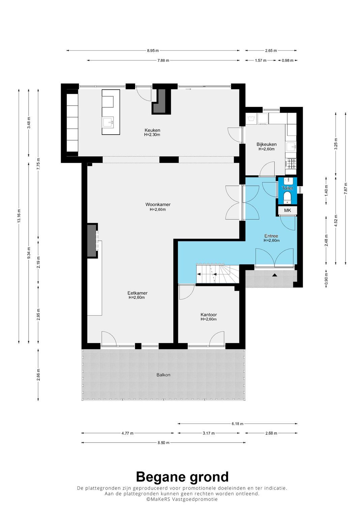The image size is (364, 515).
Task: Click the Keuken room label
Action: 152,131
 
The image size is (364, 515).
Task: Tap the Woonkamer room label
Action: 158,204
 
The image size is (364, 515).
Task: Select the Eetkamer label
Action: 138,293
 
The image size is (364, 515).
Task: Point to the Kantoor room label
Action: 209,315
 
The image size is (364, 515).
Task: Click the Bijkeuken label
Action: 267,144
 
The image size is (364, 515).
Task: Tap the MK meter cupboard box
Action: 287,210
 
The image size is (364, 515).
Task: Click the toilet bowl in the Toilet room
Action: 287,197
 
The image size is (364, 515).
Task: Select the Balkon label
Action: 163,375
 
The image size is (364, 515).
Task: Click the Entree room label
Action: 271,236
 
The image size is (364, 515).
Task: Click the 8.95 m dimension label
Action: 153,51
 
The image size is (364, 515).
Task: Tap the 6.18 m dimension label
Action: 237,424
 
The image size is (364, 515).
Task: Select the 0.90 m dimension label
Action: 326,279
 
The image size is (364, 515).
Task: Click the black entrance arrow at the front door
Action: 275,275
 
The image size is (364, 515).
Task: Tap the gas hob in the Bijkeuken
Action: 292,164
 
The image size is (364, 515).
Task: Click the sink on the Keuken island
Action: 108,122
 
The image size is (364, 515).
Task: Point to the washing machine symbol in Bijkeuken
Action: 252,119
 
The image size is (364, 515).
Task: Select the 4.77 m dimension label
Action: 127,433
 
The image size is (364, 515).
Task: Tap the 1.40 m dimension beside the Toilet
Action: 326,191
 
